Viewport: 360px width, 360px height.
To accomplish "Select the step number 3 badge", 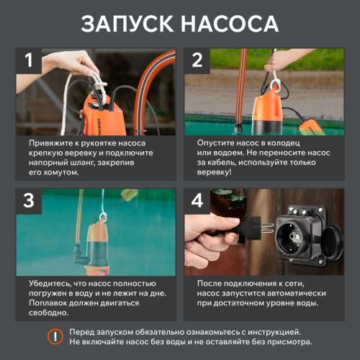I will pyautogui.click(x=30, y=202).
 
